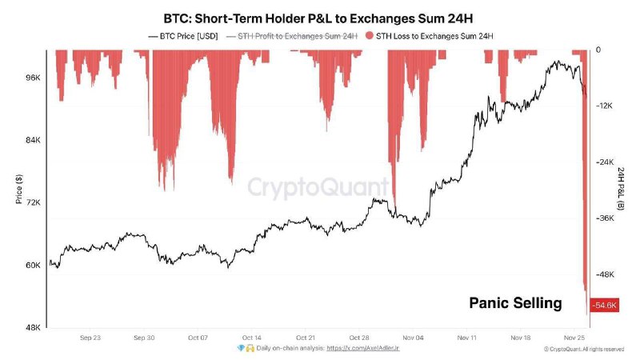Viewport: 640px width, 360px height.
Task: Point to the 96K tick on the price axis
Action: click(x=34, y=78)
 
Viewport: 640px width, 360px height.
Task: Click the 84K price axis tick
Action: click(x=34, y=140)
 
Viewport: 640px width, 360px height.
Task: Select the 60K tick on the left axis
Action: click(x=34, y=265)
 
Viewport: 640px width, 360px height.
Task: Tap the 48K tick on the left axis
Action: click(x=34, y=327)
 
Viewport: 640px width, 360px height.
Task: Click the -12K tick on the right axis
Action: click(x=604, y=106)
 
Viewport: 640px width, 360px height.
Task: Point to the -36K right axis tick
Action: click(x=604, y=218)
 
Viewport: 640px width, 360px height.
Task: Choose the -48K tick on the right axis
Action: click(x=604, y=274)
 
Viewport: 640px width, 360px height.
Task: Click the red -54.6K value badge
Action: click(x=604, y=306)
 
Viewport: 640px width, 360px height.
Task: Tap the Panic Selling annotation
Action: click(x=514, y=303)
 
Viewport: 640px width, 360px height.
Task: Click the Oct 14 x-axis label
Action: click(x=251, y=338)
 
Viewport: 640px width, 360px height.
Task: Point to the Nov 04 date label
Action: click(x=414, y=338)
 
